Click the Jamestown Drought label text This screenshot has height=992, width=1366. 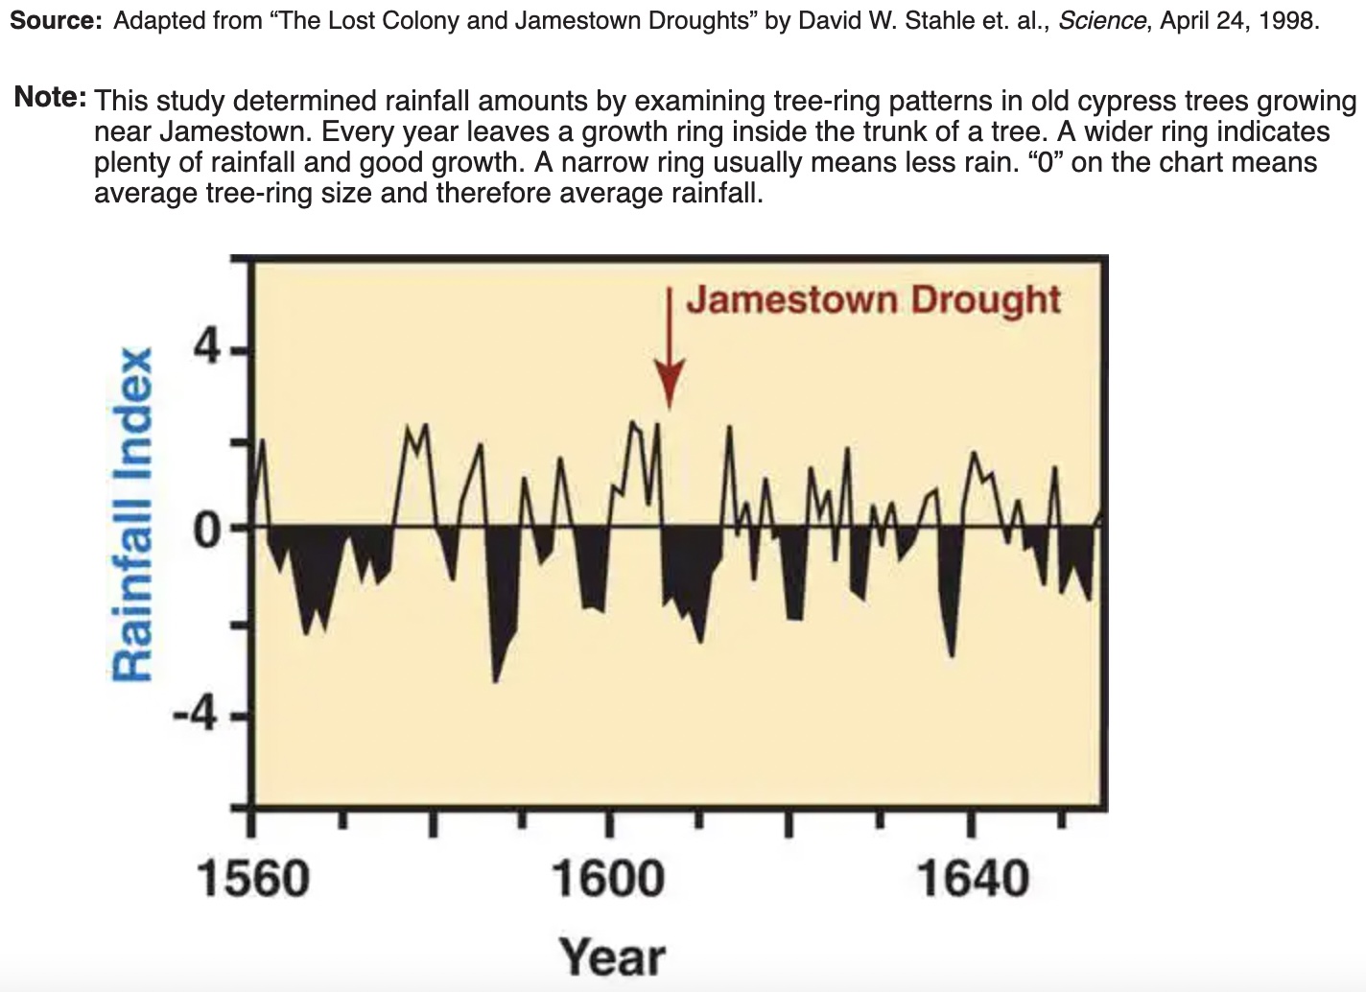pyautogui.click(x=873, y=300)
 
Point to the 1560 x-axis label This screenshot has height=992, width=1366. pyautogui.click(x=253, y=878)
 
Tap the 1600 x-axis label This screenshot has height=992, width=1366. pyautogui.click(x=607, y=878)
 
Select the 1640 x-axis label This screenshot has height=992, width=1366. pyautogui.click(x=973, y=878)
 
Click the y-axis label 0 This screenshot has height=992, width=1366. pyautogui.click(x=209, y=527)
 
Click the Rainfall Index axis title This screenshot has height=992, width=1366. pyautogui.click(x=132, y=514)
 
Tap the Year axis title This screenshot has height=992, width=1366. pyautogui.click(x=612, y=957)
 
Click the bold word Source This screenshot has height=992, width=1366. pyautogui.click(x=56, y=21)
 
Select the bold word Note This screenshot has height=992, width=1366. pyautogui.click(x=51, y=98)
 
